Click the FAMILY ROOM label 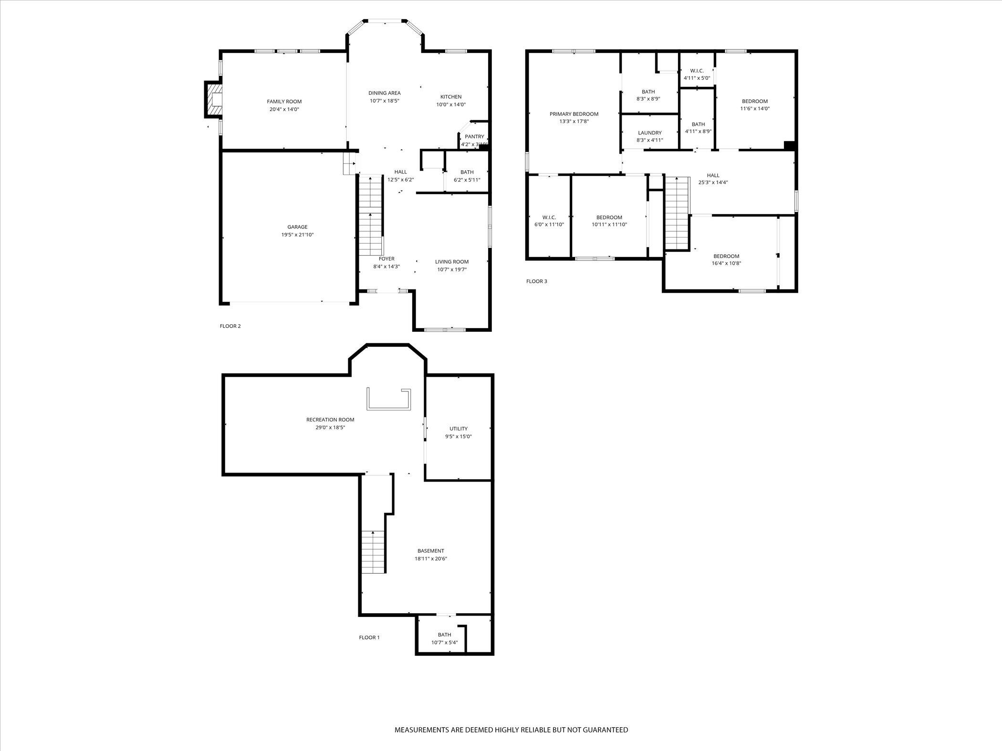point(284,102)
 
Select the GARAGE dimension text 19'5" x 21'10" point(297,235)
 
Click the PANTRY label point(474,137)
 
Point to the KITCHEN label point(451,97)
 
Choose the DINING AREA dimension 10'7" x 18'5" point(384,101)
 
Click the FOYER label point(386,259)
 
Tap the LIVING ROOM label point(452,262)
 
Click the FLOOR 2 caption point(230,326)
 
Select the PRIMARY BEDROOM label point(574,114)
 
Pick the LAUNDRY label point(650,133)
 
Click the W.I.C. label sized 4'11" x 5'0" point(697,71)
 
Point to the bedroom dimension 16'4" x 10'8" point(726,263)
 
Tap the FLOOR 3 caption point(537,281)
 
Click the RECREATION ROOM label point(330,420)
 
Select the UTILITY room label point(459,429)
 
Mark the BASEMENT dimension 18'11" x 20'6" point(431,558)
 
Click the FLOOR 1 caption point(369,638)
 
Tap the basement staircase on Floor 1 point(373,552)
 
